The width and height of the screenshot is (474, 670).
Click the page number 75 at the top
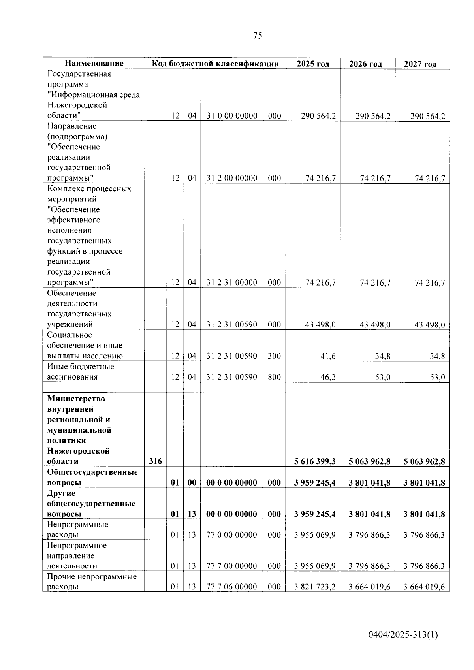(257, 36)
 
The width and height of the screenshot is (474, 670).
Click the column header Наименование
(94, 63)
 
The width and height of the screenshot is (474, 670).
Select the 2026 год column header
(366, 64)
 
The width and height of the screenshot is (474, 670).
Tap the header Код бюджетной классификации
(215, 64)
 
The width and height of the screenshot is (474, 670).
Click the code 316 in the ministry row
(155, 461)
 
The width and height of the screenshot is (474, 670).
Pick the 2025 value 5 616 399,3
(315, 461)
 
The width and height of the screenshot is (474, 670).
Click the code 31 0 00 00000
(232, 116)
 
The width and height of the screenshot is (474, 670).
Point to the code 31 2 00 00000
(232, 178)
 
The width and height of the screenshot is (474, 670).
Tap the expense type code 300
(274, 356)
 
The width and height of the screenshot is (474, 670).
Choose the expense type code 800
(274, 377)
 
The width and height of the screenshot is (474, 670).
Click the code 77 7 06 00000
(232, 587)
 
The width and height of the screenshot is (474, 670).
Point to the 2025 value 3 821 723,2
(315, 587)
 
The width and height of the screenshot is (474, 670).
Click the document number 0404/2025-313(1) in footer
(403, 635)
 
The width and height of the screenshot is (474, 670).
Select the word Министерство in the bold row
(76, 399)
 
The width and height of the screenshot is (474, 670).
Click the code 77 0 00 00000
(232, 535)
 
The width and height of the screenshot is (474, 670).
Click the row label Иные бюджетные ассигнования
(80, 372)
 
